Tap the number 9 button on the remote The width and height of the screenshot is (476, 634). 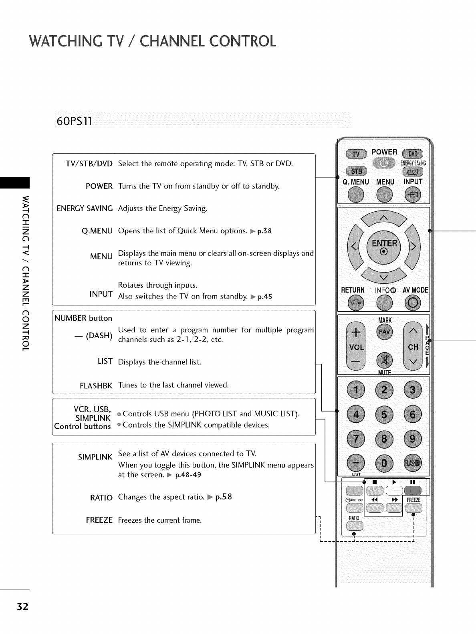pos(413,439)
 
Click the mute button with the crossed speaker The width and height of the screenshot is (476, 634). pos(384,359)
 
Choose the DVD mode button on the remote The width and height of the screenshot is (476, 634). pos(413,155)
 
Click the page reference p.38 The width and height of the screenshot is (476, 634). pos(265,231)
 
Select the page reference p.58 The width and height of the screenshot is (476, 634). pos(224,498)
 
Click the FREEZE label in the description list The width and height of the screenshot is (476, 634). pos(99,520)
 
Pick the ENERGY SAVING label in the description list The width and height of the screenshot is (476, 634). pos(85,209)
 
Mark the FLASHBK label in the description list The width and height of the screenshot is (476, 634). pos(96,386)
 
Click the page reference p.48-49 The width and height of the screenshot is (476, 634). pos(188,475)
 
